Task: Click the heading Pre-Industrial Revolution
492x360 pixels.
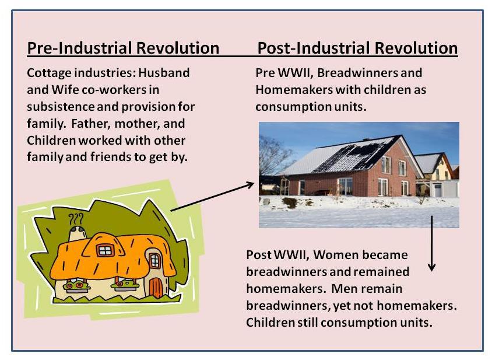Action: click(123, 48)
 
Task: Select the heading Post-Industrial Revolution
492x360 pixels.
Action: click(357, 48)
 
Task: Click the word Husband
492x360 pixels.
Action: click(164, 73)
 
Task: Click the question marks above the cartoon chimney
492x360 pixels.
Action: click(76, 219)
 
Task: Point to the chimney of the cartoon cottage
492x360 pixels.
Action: click(78, 233)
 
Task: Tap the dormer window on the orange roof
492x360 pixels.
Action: click(105, 250)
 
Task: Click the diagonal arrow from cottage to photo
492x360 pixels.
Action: click(212, 196)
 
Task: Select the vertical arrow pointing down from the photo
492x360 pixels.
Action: click(432, 243)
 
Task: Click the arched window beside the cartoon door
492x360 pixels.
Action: click(154, 261)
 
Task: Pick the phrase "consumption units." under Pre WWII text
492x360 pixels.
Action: click(311, 107)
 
